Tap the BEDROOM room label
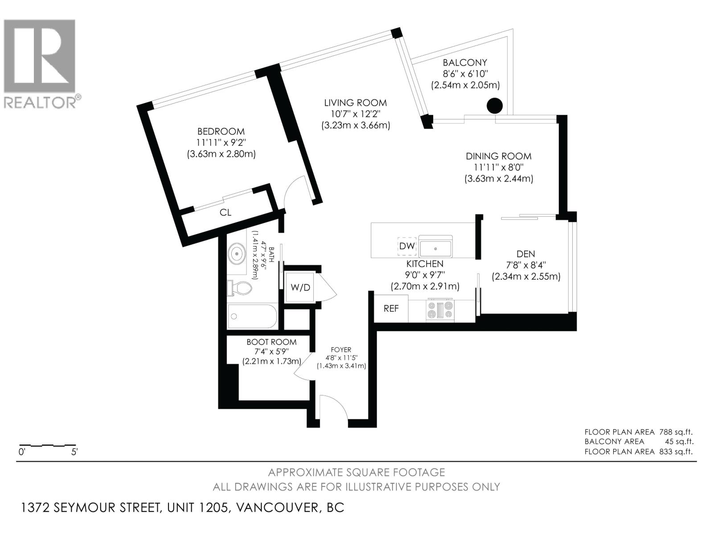pos(221,132)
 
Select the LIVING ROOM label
pos(355,103)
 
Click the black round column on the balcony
pos(494,106)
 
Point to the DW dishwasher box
pos(406,246)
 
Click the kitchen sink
pos(435,247)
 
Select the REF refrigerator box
pos(391,309)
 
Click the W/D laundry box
pos(300,288)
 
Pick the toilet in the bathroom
pos(239,288)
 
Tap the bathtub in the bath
pos(252,317)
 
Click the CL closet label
pos(225,213)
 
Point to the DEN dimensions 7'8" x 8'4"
pos(526,265)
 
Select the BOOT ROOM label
pos(271,342)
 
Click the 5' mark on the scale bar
pos(74,452)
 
